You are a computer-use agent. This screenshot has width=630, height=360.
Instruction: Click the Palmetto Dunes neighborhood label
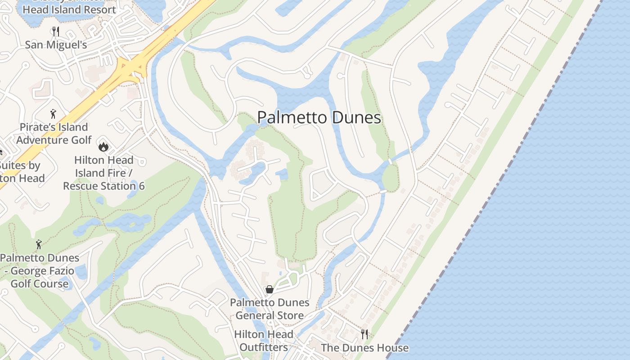[x=319, y=118]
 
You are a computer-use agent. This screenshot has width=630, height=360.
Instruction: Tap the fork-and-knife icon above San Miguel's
[x=56, y=31]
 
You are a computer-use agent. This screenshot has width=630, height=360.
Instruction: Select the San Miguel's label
[x=56, y=45]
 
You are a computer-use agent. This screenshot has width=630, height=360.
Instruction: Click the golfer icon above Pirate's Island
[x=53, y=114]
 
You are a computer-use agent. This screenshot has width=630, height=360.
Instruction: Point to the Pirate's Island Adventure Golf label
[x=54, y=134]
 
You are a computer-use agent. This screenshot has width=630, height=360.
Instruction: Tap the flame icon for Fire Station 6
[x=103, y=147]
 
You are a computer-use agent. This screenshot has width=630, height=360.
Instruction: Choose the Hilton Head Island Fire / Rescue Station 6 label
[x=104, y=173]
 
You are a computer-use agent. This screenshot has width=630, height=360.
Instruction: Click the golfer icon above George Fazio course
[x=39, y=245]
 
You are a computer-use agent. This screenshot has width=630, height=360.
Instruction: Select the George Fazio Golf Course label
[x=40, y=271]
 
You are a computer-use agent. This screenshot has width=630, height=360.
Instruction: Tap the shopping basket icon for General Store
[x=269, y=289]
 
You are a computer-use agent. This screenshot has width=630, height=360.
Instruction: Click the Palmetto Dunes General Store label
[x=270, y=309]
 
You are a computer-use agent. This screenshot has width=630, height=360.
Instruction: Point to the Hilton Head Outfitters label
[x=263, y=341]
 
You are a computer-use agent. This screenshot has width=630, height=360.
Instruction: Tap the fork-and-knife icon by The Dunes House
[x=364, y=334]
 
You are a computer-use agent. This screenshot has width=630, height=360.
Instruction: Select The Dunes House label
[x=364, y=348]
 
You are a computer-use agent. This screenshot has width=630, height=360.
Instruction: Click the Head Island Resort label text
[x=69, y=9]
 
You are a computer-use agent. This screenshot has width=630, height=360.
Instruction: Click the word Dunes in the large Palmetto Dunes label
[x=356, y=118]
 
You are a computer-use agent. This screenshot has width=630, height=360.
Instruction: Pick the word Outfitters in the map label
[x=263, y=347]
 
